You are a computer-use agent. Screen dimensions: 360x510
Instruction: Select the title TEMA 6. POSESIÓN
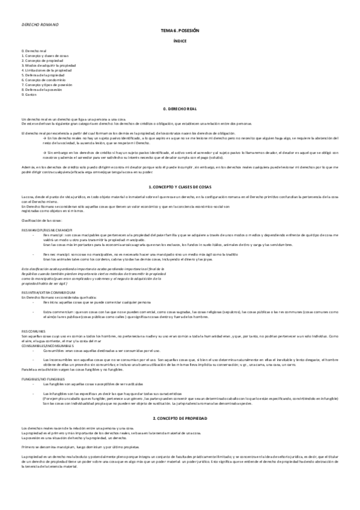coord(180,29)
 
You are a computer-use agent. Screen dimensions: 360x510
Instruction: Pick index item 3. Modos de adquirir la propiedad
coord(49,65)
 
